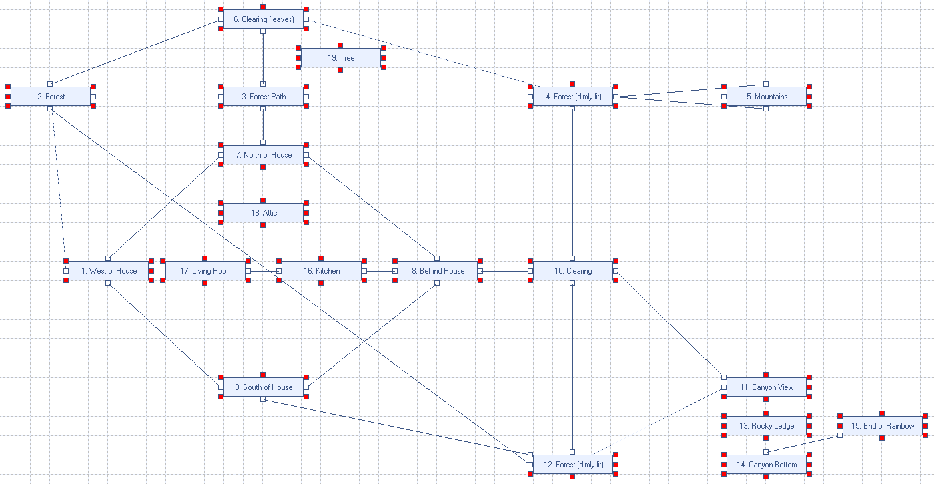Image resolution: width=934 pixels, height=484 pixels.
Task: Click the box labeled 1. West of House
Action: (x=109, y=271)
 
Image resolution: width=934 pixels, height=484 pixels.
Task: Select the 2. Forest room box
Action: (x=51, y=97)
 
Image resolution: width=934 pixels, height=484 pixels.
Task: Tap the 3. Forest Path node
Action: (x=263, y=97)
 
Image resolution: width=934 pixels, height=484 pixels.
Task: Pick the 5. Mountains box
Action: (x=766, y=97)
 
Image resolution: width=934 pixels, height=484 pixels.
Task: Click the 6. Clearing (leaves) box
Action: (x=263, y=19)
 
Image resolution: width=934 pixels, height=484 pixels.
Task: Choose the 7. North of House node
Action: (x=263, y=155)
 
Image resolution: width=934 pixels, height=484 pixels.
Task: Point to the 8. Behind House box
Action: (x=437, y=271)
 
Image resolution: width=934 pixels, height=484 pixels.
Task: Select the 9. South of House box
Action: (x=263, y=387)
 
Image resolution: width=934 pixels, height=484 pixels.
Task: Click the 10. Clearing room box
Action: (x=572, y=271)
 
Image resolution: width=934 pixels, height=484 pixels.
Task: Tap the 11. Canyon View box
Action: (x=766, y=387)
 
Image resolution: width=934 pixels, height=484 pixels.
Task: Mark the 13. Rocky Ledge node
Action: (x=766, y=426)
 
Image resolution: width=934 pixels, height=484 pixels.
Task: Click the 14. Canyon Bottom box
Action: (x=766, y=465)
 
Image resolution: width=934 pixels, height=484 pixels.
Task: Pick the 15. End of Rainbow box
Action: (x=882, y=426)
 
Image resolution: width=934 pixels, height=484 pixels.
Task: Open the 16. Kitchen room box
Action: (x=321, y=271)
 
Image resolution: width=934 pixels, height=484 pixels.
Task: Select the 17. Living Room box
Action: (x=205, y=271)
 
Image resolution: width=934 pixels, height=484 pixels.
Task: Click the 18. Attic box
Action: (x=263, y=213)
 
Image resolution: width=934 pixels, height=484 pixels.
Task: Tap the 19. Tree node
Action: (x=340, y=58)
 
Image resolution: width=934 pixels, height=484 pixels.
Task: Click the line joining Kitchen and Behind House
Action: (x=379, y=271)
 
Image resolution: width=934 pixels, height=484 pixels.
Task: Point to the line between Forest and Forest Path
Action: (x=157, y=97)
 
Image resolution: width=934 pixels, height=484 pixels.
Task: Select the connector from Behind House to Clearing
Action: (x=505, y=271)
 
